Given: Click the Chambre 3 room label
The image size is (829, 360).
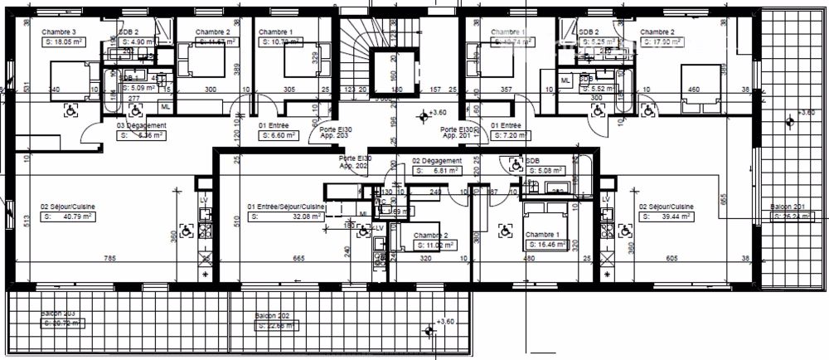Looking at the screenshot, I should (x=59, y=33).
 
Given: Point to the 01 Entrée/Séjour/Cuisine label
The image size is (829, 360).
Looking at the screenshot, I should (x=286, y=207).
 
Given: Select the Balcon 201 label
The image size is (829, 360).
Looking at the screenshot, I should (x=788, y=207).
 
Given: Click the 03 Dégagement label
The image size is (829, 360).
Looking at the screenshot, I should (x=142, y=125).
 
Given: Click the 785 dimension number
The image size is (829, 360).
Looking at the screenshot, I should (x=109, y=259).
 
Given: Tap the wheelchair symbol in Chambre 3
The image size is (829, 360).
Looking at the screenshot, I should (x=71, y=107).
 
